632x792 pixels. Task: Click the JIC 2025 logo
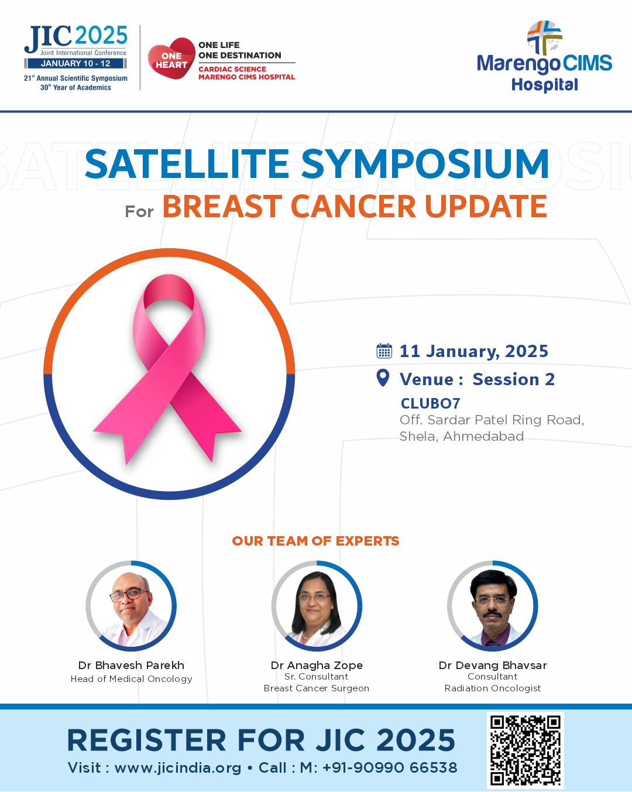[x=75, y=58]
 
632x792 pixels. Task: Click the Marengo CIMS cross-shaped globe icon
[x=544, y=37]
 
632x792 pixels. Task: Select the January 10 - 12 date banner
[x=75, y=63]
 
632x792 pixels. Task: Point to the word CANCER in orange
[x=353, y=206]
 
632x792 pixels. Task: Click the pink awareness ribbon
[x=167, y=369]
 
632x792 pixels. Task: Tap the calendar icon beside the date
[x=384, y=351]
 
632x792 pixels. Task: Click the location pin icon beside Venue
[x=383, y=378]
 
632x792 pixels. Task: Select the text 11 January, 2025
[x=474, y=351]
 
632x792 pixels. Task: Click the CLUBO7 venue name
[x=430, y=403]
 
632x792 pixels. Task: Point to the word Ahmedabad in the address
[x=483, y=436]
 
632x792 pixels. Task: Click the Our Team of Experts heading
[x=315, y=541]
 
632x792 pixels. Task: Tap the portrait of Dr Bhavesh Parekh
[x=131, y=606]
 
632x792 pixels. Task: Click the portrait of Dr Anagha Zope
[x=317, y=606]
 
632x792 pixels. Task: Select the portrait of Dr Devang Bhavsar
[x=493, y=606]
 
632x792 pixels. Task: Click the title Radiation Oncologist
[x=493, y=688]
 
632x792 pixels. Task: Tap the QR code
[x=525, y=750]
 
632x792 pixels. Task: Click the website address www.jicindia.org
[x=178, y=768]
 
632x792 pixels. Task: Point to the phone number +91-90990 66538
[x=390, y=767]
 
